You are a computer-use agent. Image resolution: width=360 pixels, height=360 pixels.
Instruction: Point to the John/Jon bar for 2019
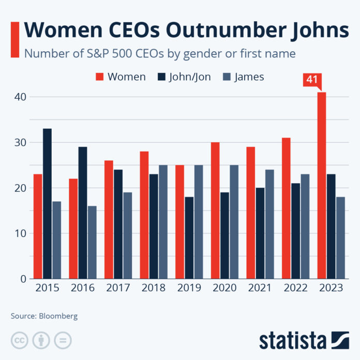189,237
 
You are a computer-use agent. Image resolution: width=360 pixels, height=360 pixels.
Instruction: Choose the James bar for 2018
163,222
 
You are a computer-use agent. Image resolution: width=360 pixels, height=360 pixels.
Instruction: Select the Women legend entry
121,77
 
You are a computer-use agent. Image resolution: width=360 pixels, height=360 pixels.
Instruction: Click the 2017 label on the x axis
118,288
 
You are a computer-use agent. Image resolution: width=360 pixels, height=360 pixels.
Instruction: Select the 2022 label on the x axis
295,288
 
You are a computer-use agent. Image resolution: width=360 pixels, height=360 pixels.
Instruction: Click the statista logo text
293,340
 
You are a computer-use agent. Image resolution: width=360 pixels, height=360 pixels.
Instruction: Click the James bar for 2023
340,237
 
